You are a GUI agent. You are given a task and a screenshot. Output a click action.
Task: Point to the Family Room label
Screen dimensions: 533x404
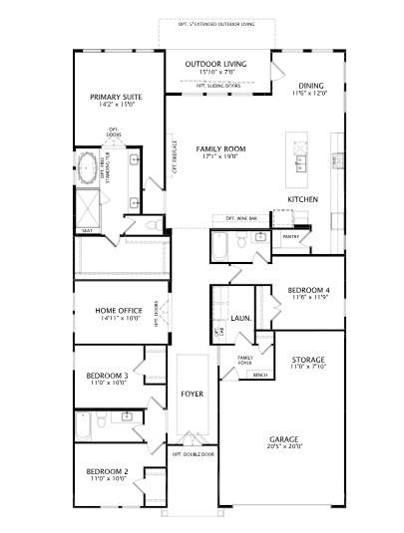pyautogui.click(x=220, y=148)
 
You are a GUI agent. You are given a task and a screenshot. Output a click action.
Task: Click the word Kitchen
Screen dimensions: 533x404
pyautogui.click(x=302, y=200)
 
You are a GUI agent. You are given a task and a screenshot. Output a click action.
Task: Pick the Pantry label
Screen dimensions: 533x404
pyautogui.click(x=290, y=237)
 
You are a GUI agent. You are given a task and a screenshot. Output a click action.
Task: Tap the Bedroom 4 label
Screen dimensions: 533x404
pyautogui.click(x=309, y=290)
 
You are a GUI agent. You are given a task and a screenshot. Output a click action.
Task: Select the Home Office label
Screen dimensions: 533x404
pyautogui.click(x=118, y=311)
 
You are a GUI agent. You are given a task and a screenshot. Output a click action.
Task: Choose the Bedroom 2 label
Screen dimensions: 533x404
pyautogui.click(x=107, y=470)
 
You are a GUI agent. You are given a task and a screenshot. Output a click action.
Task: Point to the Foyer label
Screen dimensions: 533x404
pyautogui.click(x=192, y=395)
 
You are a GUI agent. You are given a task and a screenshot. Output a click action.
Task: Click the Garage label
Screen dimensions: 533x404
pyautogui.click(x=283, y=439)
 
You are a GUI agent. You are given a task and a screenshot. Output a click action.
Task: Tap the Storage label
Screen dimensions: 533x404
pyautogui.click(x=307, y=359)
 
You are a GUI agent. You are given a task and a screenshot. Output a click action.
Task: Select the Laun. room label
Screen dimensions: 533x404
pyautogui.click(x=240, y=319)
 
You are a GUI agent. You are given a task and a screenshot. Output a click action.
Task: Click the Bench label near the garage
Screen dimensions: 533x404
pyautogui.click(x=260, y=375)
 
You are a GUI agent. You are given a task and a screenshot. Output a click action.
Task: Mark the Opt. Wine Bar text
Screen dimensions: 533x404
pyautogui.click(x=241, y=217)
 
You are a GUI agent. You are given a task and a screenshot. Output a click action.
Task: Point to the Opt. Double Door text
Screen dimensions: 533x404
pyautogui.click(x=193, y=453)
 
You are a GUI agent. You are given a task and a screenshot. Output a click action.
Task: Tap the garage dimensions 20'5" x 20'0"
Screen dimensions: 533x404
pyautogui.click(x=283, y=447)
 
